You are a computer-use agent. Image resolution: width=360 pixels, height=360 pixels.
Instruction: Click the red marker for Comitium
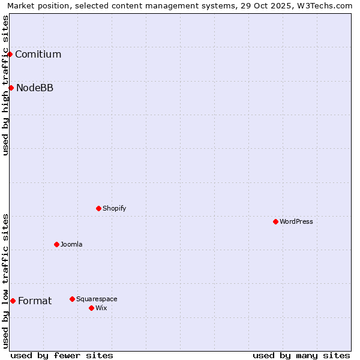[x=10, y=54]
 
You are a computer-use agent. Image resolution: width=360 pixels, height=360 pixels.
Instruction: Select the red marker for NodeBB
[x=11, y=88]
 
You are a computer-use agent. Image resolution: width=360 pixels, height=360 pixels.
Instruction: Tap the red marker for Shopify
[x=98, y=208]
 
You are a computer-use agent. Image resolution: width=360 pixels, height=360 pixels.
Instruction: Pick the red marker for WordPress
[x=275, y=221]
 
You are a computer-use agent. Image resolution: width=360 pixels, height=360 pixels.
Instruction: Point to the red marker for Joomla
[x=56, y=244]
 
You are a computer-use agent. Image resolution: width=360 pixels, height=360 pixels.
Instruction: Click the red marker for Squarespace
[x=72, y=299]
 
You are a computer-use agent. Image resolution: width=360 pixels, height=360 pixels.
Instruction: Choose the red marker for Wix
[x=91, y=308]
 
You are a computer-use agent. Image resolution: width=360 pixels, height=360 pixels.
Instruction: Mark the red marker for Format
[x=13, y=301]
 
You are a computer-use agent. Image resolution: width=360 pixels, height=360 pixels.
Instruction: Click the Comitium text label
[x=38, y=55]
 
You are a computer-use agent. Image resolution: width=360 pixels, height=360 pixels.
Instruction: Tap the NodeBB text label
[x=35, y=88]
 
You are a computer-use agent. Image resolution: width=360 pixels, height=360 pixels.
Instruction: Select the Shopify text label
[x=114, y=209]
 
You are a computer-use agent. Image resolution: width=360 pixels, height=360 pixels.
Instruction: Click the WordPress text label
[x=296, y=222]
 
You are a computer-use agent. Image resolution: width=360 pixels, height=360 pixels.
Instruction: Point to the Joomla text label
[x=71, y=245]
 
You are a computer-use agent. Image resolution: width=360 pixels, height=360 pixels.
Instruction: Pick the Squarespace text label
[x=97, y=299]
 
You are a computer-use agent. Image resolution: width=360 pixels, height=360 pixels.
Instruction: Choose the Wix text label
[x=101, y=308]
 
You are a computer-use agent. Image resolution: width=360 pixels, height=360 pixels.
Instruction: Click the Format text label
[x=35, y=301]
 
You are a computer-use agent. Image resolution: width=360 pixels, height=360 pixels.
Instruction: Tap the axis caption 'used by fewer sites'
[x=62, y=355]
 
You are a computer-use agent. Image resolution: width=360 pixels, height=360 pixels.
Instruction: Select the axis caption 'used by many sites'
[x=301, y=355]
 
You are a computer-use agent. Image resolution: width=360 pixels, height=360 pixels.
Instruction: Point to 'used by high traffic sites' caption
[x=5, y=85]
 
